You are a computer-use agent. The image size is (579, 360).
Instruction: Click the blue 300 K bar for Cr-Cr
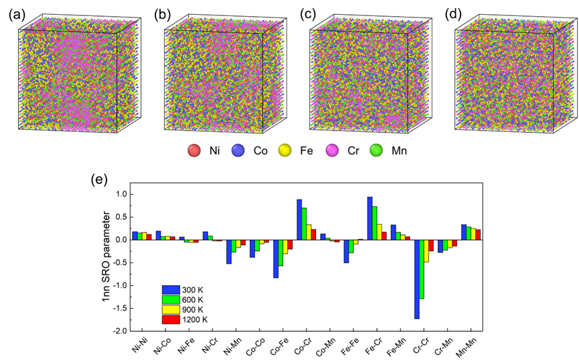417,279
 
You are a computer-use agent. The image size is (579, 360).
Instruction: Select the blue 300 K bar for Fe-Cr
369,218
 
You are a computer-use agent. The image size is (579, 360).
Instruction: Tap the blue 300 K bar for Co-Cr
299,219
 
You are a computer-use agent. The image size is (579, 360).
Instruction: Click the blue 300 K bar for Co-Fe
276,258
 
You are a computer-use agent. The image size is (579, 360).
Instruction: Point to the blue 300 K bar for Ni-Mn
229,252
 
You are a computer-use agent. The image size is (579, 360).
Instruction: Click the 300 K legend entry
185,290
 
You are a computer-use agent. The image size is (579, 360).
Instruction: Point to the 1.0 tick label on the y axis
120,194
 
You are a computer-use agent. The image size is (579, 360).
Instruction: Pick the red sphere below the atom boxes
194,151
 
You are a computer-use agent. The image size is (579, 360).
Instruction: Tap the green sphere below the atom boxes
376,151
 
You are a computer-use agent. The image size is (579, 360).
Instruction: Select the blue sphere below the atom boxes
238,151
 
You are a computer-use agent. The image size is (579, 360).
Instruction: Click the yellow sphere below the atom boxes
285,151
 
